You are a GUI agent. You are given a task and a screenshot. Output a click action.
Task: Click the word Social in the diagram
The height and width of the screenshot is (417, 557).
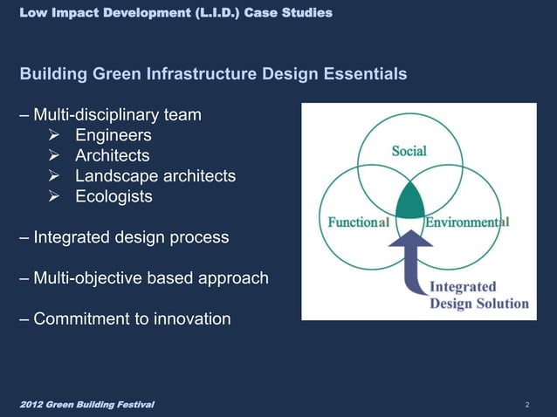tap(409, 151)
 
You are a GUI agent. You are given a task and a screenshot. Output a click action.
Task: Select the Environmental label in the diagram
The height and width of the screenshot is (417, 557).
tap(466, 222)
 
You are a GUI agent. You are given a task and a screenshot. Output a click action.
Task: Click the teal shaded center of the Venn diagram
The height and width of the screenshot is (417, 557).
tap(409, 204)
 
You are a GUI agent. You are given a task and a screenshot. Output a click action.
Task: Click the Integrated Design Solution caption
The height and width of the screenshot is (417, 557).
tap(478, 295)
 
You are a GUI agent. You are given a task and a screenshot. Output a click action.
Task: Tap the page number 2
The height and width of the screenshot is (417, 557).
tap(528, 406)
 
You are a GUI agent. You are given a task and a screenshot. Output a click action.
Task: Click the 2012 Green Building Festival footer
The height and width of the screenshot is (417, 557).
tap(87, 405)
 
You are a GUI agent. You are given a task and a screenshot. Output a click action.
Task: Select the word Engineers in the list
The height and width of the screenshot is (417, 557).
tap(113, 135)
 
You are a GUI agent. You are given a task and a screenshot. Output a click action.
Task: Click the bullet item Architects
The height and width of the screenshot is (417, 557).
tap(112, 155)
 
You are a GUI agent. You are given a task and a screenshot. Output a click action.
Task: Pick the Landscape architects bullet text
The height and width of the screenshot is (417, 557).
tap(155, 176)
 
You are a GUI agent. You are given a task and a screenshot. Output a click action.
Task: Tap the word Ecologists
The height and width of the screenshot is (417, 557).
tap(113, 196)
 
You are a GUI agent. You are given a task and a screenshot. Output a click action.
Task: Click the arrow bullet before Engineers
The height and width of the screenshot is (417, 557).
tap(54, 135)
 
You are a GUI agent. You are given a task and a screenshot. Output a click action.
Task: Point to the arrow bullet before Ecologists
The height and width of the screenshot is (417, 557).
tap(54, 196)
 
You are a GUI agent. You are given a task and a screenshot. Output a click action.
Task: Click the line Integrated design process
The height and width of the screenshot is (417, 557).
tap(131, 237)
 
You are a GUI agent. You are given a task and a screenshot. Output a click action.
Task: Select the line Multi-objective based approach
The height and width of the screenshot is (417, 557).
tap(150, 278)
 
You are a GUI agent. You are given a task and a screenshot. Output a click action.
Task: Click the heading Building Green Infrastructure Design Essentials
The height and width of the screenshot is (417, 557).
tap(213, 74)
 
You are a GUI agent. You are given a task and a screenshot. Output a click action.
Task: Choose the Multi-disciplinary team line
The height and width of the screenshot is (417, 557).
tap(117, 114)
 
